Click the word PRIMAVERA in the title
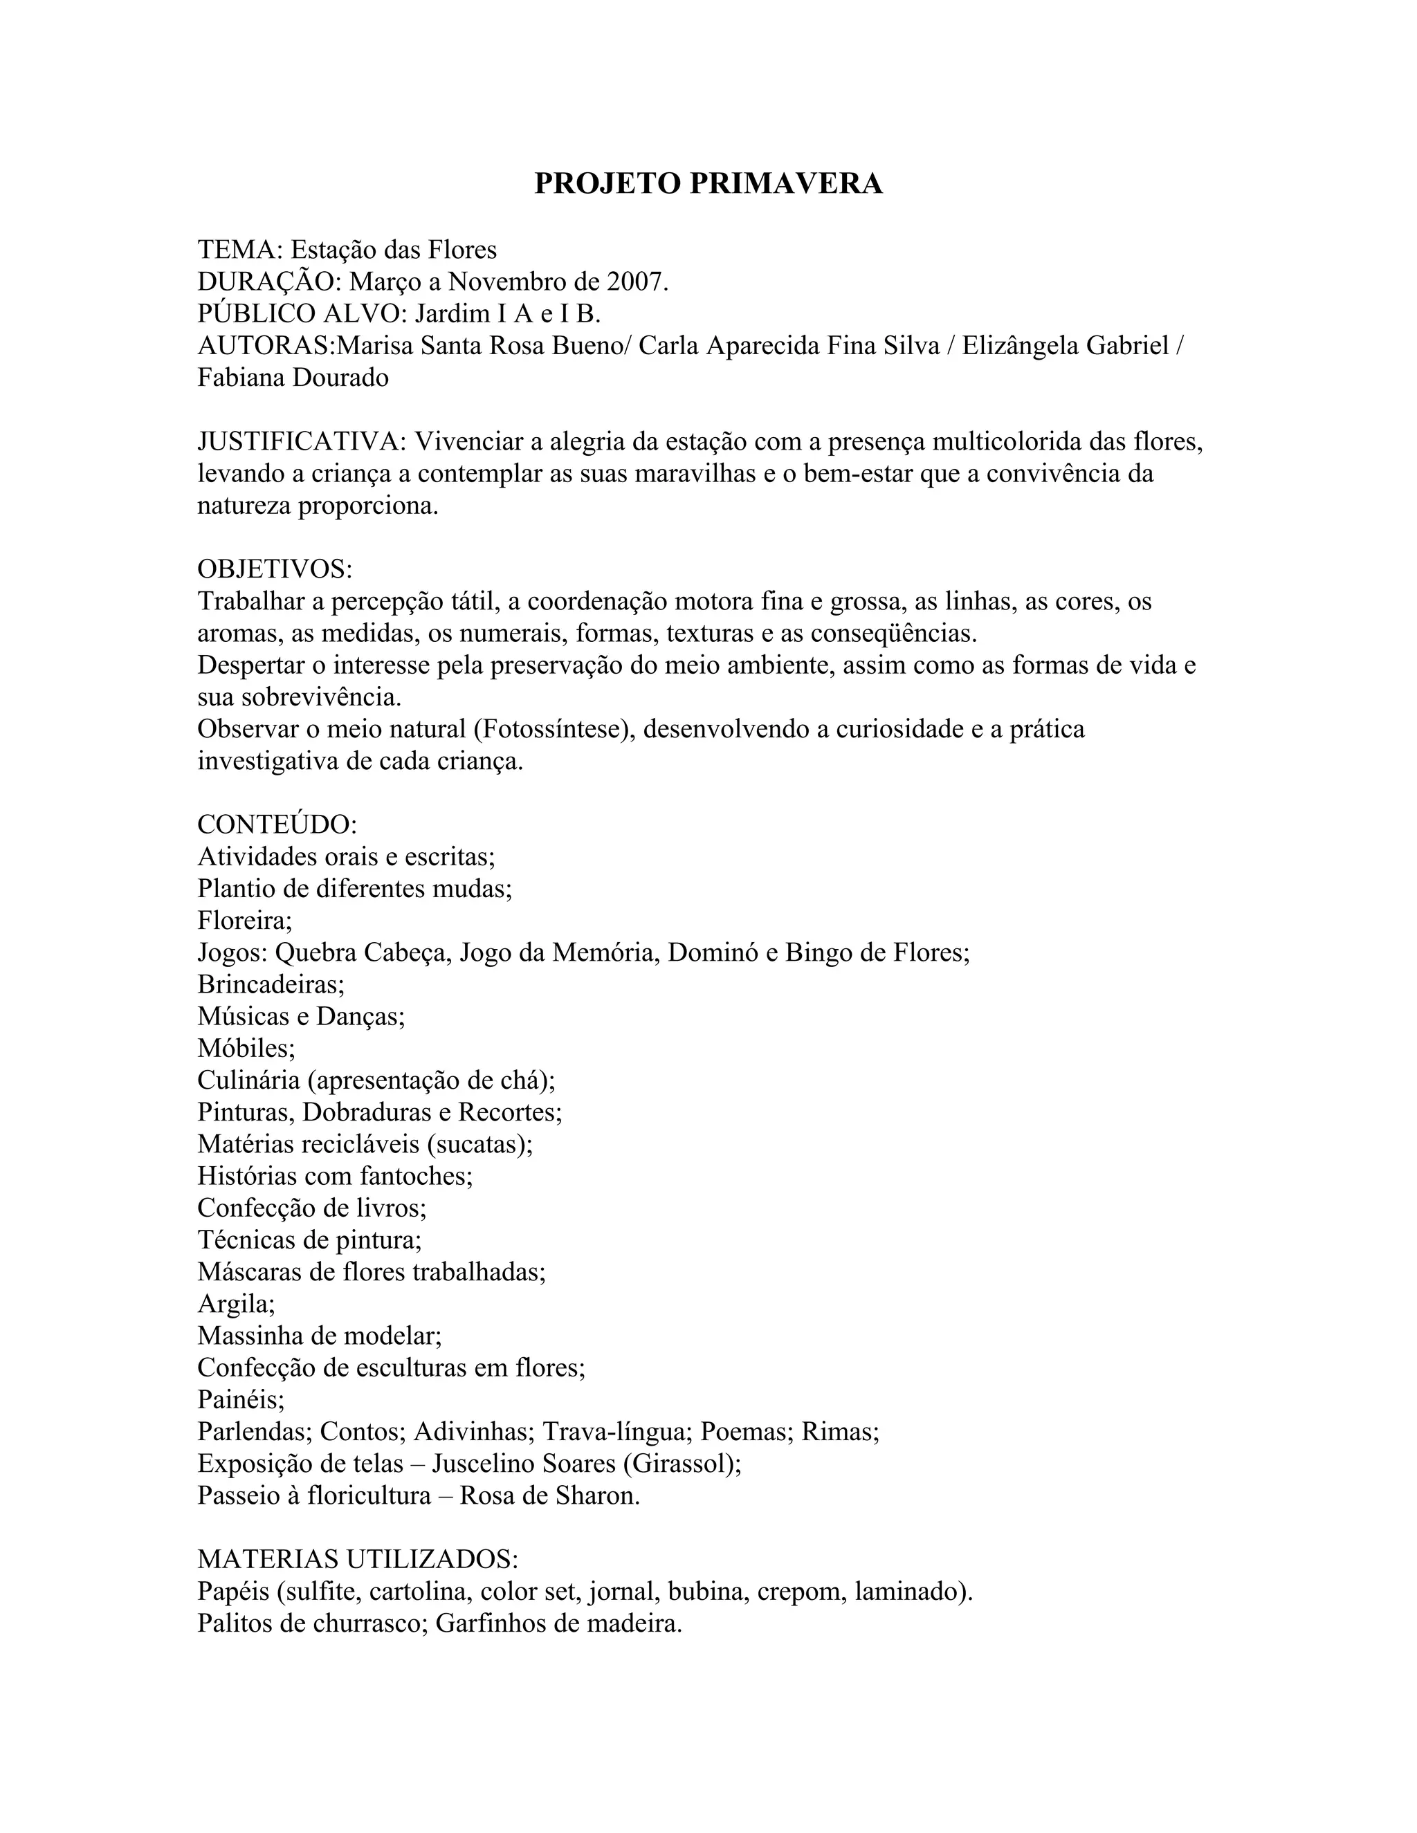pyautogui.click(x=786, y=184)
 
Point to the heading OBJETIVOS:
pyautogui.click(x=275, y=569)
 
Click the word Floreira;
pyautogui.click(x=245, y=921)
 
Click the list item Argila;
pyautogui.click(x=237, y=1303)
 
